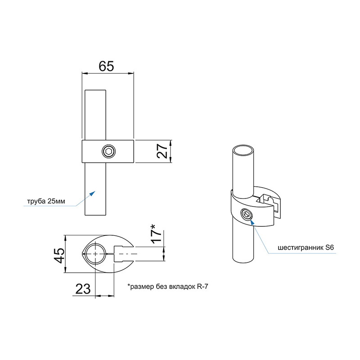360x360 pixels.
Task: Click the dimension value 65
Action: [106, 66]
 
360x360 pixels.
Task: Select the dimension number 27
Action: [162, 151]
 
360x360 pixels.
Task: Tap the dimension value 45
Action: [59, 255]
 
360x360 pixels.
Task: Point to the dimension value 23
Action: [83, 288]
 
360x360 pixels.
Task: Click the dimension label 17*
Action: [156, 234]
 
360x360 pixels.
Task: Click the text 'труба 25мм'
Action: [46, 201]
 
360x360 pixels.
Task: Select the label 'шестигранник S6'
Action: [306, 248]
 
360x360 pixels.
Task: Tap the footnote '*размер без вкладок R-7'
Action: [168, 287]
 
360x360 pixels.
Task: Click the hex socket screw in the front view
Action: [108, 152]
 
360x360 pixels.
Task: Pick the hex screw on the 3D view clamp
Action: [247, 215]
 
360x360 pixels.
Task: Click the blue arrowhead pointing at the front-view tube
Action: [92, 193]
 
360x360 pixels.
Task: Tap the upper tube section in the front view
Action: [95, 115]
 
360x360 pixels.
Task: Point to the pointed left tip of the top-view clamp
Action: [82, 254]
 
